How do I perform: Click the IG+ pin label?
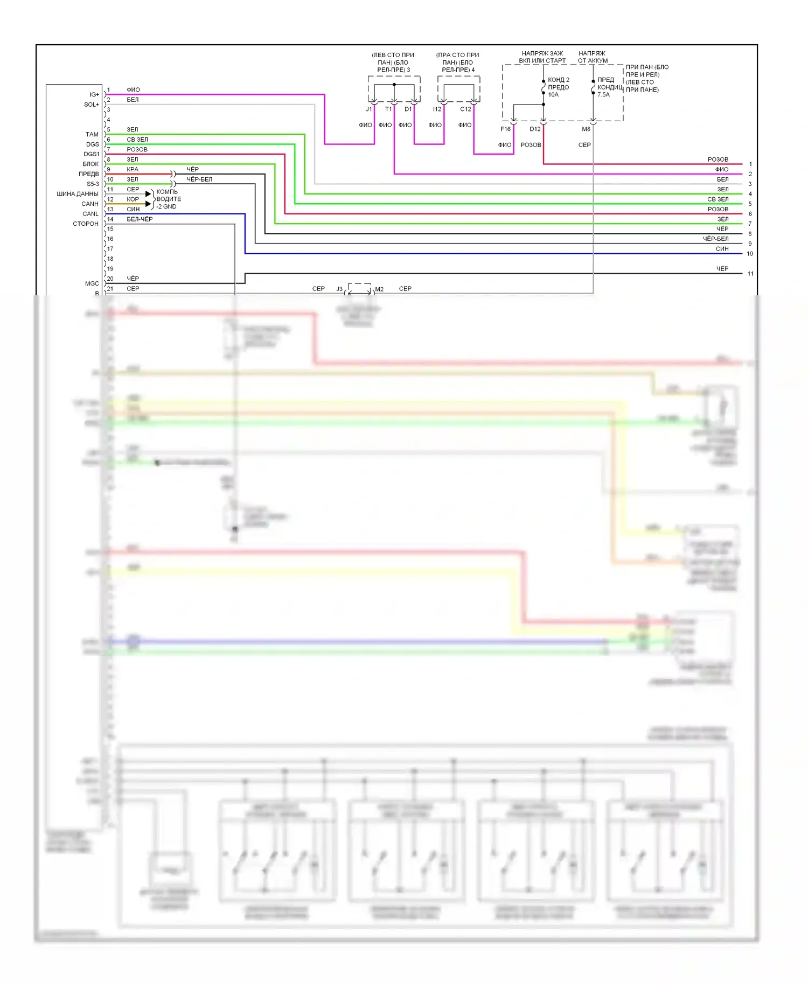[94, 95]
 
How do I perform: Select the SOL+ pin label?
[91, 105]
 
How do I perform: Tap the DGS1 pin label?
[92, 154]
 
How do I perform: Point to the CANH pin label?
[90, 204]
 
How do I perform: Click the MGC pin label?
[92, 283]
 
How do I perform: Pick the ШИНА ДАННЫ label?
[78, 194]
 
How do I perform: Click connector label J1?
[369, 109]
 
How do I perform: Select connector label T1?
[388, 109]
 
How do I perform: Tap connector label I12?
[437, 109]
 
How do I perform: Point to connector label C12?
[465, 109]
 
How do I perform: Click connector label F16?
[505, 129]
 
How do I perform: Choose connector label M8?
[586, 129]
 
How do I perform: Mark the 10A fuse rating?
[553, 95]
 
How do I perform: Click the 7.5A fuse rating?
[603, 95]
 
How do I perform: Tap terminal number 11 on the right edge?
[750, 274]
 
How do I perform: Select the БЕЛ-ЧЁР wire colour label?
[140, 219]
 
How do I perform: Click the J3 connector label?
[339, 289]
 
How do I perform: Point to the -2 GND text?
[166, 207]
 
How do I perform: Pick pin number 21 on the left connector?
[110, 289]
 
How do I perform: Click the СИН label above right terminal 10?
[722, 249]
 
